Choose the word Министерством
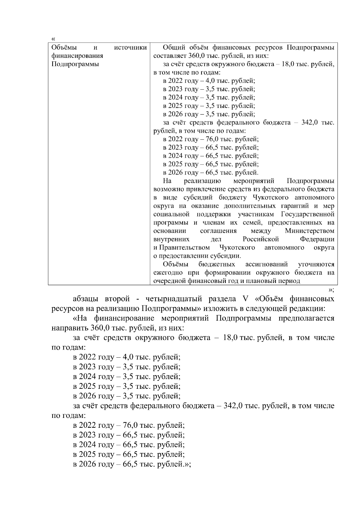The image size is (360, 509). coord(309,231)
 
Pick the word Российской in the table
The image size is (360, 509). coord(261,240)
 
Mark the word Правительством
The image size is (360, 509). coord(184,248)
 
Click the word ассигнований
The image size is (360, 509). coord(266,265)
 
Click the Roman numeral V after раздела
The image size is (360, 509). coord(243,299)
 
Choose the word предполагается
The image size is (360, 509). coord(306,318)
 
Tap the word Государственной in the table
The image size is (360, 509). coord(307,215)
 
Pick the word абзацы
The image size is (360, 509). coord(87,299)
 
